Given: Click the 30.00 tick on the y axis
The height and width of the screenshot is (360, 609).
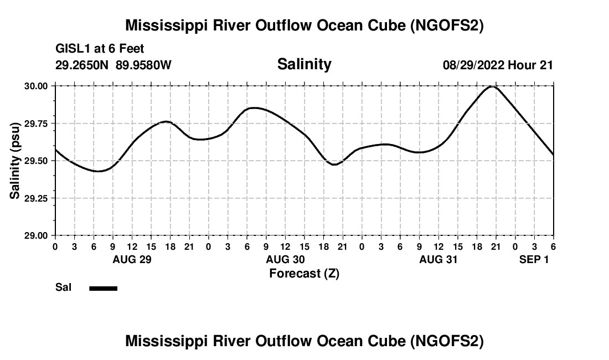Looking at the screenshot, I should click(x=36, y=86).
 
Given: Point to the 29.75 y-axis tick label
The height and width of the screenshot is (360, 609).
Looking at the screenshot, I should click(x=36, y=124).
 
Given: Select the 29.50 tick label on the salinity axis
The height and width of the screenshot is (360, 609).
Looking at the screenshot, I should click(x=36, y=161).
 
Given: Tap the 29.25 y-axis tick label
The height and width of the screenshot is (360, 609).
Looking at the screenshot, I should click(x=36, y=198).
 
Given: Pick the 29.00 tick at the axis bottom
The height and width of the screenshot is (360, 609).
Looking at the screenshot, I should click(x=36, y=235).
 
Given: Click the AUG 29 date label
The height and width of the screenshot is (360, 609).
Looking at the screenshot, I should click(x=132, y=259).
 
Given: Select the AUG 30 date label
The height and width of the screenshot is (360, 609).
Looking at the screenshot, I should click(x=285, y=259).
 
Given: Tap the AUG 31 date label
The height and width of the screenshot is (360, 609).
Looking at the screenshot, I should click(x=438, y=259).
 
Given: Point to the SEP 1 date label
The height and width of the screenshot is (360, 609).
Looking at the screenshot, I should click(x=534, y=259).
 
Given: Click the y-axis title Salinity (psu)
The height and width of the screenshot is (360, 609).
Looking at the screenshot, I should click(x=15, y=161).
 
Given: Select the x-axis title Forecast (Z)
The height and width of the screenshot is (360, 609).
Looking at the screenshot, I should click(x=304, y=273).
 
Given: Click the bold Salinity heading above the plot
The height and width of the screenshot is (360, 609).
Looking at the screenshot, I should click(x=304, y=64).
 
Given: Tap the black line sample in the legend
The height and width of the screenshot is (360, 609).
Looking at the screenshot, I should click(x=103, y=288).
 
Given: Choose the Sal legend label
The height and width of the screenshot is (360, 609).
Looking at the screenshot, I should click(x=63, y=287).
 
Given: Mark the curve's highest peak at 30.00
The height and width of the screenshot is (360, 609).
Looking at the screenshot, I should click(x=493, y=86).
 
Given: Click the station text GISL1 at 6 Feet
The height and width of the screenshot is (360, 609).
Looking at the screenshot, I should click(x=100, y=49).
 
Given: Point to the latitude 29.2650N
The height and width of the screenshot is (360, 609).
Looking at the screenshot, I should click(x=83, y=65).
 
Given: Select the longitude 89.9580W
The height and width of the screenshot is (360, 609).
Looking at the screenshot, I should click(x=144, y=65).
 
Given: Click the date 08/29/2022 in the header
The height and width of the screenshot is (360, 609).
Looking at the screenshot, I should click(x=473, y=65).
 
